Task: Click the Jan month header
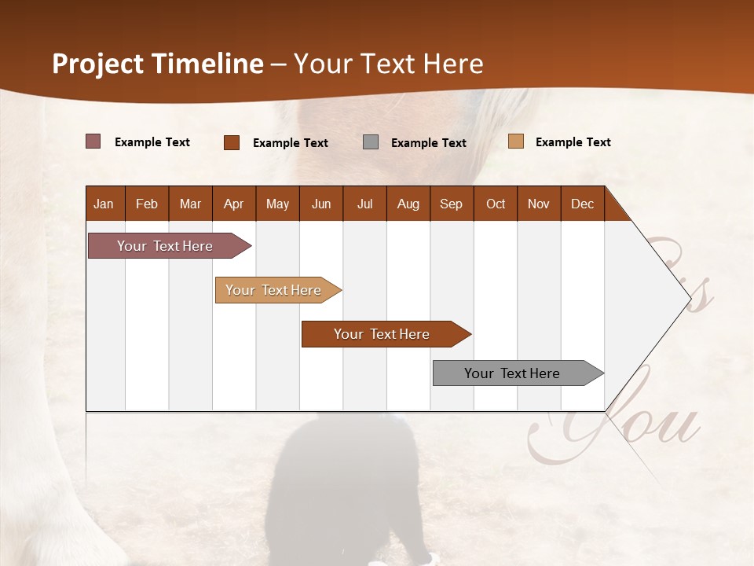point(104,204)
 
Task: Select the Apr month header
point(234,204)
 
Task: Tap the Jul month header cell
point(365,204)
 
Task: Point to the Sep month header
point(451,204)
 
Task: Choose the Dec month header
point(582,204)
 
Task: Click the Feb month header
point(147,204)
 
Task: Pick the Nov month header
point(539,204)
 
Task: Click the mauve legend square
point(93,141)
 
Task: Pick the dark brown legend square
point(232,142)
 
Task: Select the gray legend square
point(371,142)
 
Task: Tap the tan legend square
point(515,141)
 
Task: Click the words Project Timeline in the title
point(158,64)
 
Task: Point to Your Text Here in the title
point(388,64)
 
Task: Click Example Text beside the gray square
point(428,142)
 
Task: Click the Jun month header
point(321,204)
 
